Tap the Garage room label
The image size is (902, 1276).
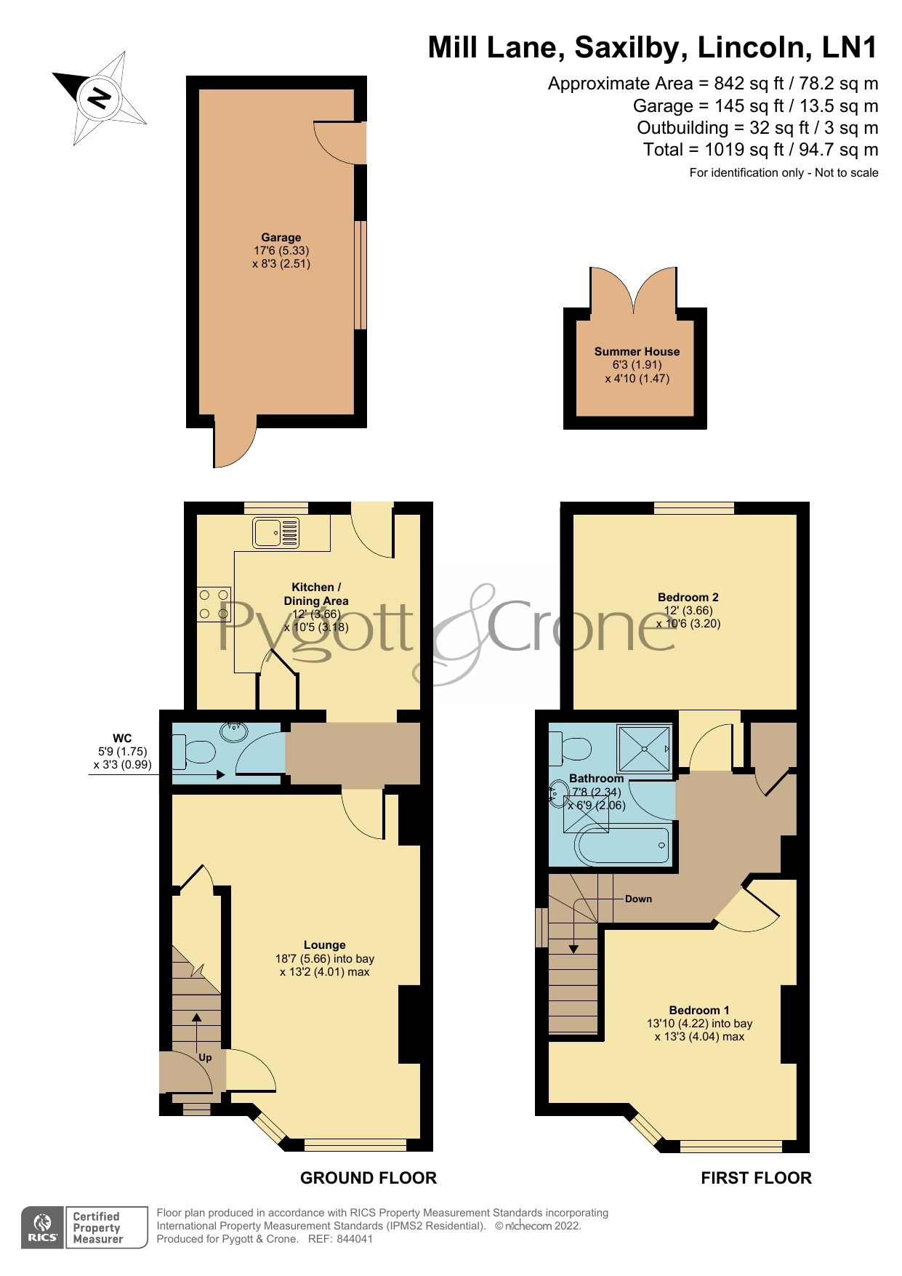tap(281, 238)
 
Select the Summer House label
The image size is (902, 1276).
tap(637, 352)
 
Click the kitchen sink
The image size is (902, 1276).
tap(275, 533)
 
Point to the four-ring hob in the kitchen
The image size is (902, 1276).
tap(214, 604)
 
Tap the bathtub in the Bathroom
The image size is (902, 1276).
tap(622, 846)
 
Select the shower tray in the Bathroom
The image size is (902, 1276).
tap(643, 749)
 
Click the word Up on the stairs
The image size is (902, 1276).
tap(205, 1057)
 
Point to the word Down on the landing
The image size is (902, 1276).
tap(638, 899)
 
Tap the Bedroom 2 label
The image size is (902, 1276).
tap(688, 598)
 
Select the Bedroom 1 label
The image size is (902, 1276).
tap(699, 1011)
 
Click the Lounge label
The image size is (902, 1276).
tap(324, 945)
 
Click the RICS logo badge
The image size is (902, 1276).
tap(43, 1228)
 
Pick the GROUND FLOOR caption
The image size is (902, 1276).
tap(369, 1178)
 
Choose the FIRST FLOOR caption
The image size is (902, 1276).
tap(756, 1178)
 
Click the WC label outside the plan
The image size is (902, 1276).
tap(122, 739)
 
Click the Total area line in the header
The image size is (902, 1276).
tap(760, 150)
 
